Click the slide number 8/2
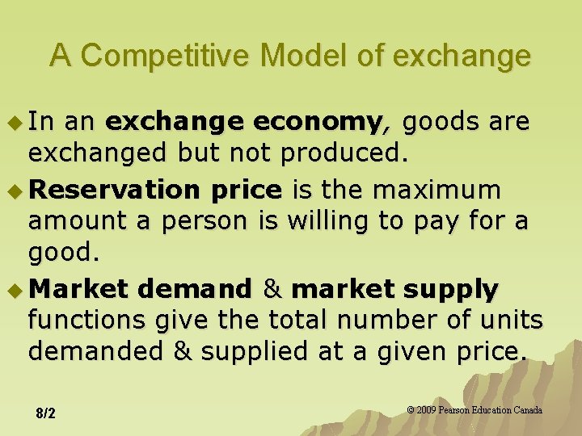(x=46, y=414)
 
